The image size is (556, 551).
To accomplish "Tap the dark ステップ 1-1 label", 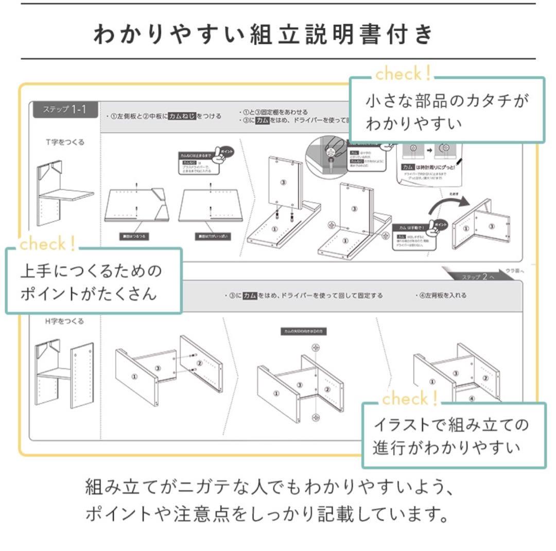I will [65, 109].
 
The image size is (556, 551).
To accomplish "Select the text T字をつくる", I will [64, 142].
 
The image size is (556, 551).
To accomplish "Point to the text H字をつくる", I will [64, 321].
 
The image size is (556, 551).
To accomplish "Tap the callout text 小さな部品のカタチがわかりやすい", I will [447, 112].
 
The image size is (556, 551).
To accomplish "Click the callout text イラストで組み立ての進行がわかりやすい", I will [451, 436].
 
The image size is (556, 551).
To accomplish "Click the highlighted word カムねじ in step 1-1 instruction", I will [182, 116].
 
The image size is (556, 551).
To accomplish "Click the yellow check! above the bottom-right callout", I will [410, 398].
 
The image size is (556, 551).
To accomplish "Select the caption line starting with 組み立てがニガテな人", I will [270, 487].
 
